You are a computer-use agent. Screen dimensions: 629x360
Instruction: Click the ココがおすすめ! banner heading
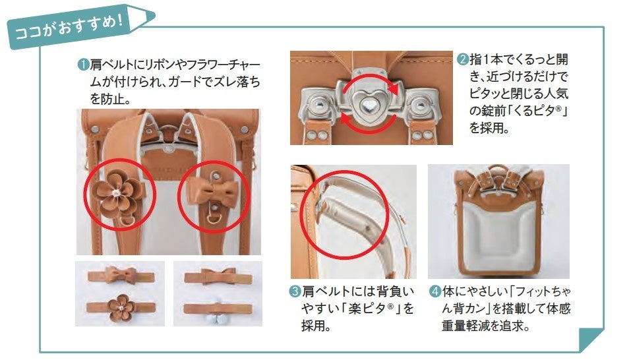pos(69,27)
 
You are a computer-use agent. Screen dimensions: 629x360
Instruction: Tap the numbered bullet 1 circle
pos(83,65)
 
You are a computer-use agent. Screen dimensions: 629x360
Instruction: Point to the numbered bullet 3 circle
pos(295,291)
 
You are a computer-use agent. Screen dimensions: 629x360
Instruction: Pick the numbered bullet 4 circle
pos(435,291)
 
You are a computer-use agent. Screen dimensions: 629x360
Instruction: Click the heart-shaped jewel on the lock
pos(367,105)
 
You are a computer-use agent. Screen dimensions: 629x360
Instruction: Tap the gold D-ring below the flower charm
pos(127,221)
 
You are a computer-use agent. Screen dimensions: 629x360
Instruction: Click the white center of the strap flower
pos(116,193)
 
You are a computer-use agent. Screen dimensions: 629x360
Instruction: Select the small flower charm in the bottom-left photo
pos(121,307)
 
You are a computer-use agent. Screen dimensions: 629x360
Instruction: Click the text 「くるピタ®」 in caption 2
pos(537,110)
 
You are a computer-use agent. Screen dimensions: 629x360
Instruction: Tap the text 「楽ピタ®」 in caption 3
pos(368,308)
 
